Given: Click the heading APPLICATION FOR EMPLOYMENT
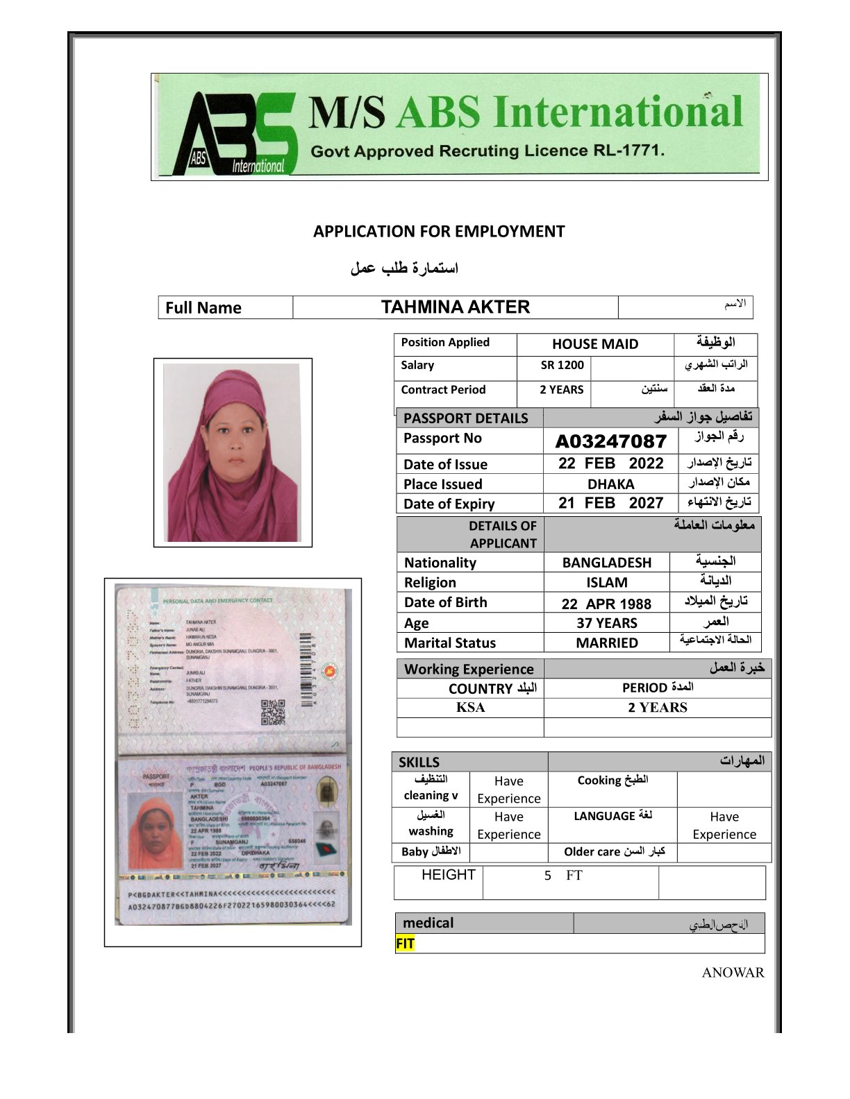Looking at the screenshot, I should [439, 232].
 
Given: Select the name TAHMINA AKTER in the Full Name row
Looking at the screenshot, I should [455, 307].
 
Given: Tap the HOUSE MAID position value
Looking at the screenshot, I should [594, 344].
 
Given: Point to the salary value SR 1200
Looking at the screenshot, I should [562, 366].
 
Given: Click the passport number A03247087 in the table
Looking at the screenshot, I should [610, 441].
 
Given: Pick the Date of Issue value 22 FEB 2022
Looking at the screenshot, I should [610, 463].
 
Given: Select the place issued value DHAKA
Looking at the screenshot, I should [610, 484].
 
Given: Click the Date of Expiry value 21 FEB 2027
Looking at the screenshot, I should [610, 504].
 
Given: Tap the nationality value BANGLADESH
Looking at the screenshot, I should [606, 563].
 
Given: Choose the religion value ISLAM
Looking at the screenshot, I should [606, 583].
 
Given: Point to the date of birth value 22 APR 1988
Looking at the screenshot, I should [606, 604].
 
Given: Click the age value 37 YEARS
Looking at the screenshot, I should [606, 623].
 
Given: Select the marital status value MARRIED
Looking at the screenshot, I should [606, 643].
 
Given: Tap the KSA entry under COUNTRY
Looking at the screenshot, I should [470, 708].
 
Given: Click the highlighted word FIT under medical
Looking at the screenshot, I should [405, 944].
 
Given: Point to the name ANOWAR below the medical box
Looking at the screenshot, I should [732, 973].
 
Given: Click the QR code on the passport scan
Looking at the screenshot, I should [272, 713].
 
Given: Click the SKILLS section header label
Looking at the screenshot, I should [419, 762].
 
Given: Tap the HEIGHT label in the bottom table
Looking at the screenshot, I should [448, 875].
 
